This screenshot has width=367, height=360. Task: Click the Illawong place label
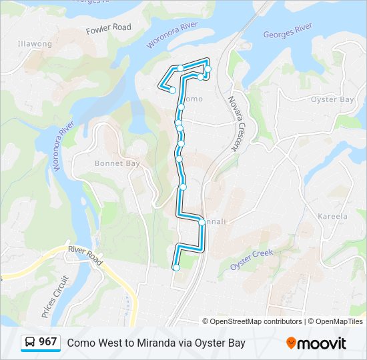tap(35, 44)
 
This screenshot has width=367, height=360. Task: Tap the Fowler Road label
tap(109, 29)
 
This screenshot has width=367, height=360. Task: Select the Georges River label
tap(288, 31)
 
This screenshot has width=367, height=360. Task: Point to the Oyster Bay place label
tap(332, 99)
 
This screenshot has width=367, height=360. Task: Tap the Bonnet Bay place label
tap(117, 163)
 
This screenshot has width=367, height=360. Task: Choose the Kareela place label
tap(332, 217)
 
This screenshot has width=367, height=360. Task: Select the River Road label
tap(85, 255)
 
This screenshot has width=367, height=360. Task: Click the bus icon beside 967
tap(31, 342)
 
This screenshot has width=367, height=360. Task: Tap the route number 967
tap(47, 342)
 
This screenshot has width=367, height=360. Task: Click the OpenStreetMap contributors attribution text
tap(252, 321)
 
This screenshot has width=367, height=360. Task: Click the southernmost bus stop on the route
tap(176, 267)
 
